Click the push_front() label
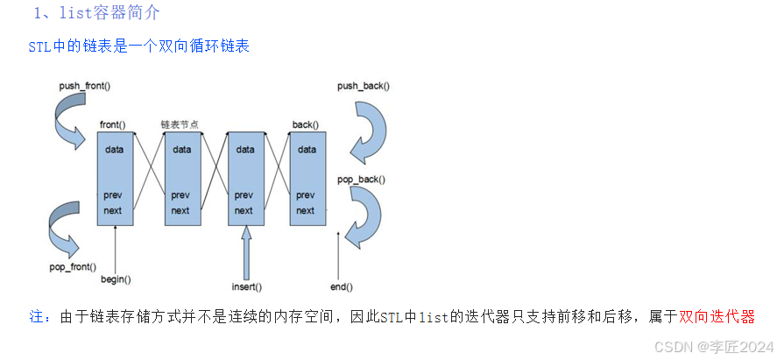[x=84, y=87]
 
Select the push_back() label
[x=364, y=87]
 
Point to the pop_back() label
[x=361, y=179]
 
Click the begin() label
[x=116, y=279]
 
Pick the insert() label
[x=247, y=286]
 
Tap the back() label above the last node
[x=305, y=124]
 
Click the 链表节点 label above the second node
[x=179, y=124]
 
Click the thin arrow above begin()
[x=116, y=250]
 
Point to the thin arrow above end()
[x=340, y=255]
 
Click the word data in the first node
[x=115, y=150]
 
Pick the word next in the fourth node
[x=305, y=210]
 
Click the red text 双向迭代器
[x=717, y=317]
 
